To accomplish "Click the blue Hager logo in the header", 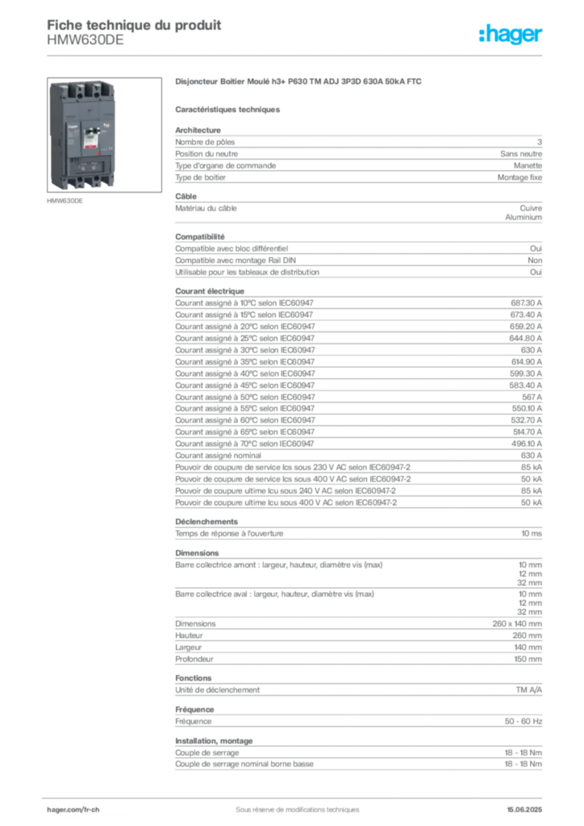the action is [x=511, y=35].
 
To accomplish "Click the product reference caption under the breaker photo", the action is [x=64, y=202].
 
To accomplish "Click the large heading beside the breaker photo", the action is [x=299, y=82].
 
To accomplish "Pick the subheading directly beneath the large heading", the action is [x=229, y=109].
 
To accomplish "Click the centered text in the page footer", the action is [x=291, y=804].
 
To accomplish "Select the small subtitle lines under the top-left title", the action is [x=87, y=43].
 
